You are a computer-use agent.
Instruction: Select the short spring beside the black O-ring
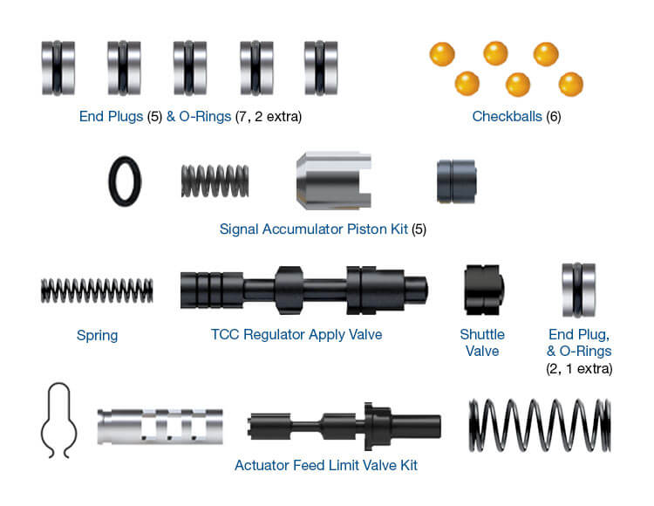click(x=215, y=181)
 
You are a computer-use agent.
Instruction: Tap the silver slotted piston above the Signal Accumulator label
click(x=334, y=181)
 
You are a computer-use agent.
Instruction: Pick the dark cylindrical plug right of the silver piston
click(x=456, y=181)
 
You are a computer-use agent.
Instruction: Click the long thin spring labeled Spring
click(x=97, y=291)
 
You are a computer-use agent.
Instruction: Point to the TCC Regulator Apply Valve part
click(x=303, y=290)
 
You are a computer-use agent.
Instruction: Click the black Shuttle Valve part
click(x=484, y=290)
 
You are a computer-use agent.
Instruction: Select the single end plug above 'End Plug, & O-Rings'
click(x=578, y=290)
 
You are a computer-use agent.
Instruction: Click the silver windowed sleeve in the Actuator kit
click(x=160, y=427)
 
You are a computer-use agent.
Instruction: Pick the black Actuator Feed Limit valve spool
click(x=344, y=427)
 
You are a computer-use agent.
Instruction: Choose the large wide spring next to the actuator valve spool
click(x=540, y=426)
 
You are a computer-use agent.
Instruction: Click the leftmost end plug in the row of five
click(x=58, y=68)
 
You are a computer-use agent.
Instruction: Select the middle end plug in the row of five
click(x=190, y=68)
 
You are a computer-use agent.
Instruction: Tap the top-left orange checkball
click(x=442, y=54)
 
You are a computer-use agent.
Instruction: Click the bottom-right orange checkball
click(x=571, y=85)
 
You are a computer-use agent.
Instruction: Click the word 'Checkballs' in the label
click(x=507, y=116)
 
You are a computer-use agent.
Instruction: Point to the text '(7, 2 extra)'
click(x=269, y=116)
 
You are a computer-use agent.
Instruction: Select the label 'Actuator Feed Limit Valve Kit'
click(x=326, y=465)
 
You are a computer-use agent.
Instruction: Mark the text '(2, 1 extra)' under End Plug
click(x=579, y=369)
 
